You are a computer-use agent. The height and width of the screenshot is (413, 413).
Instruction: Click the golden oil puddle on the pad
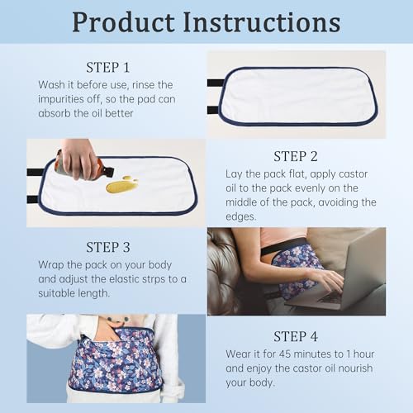coord(121,184)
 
